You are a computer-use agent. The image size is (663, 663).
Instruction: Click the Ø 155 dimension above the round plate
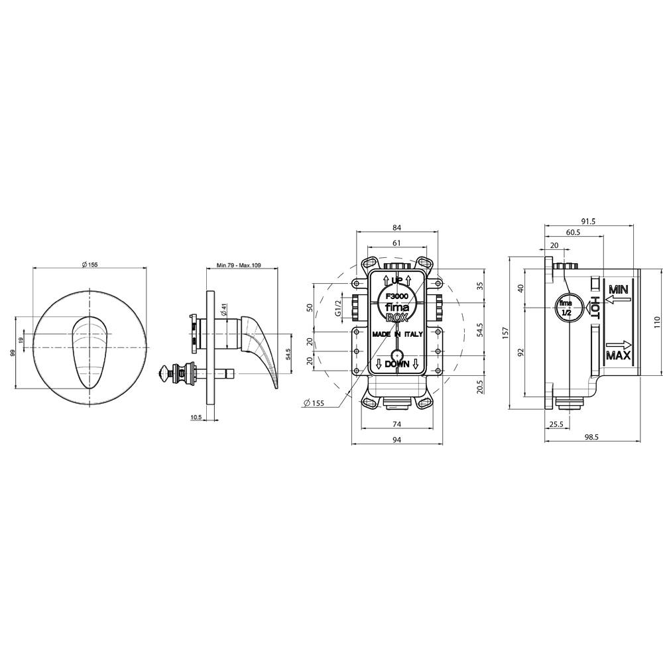pyautogui.click(x=90, y=265)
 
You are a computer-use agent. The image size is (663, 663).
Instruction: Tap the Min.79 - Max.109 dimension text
pyautogui.click(x=239, y=266)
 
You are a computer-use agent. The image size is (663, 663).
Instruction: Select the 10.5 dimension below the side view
pyautogui.click(x=196, y=417)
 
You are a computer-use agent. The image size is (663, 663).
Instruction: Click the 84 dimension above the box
pyautogui.click(x=396, y=228)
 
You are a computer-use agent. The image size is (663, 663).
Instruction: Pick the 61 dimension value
pyautogui.click(x=396, y=243)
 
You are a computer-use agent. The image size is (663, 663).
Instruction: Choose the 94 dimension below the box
pyautogui.click(x=396, y=440)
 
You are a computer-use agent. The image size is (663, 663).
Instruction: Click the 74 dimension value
pyautogui.click(x=396, y=424)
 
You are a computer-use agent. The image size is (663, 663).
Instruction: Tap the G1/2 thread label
pyautogui.click(x=338, y=308)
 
